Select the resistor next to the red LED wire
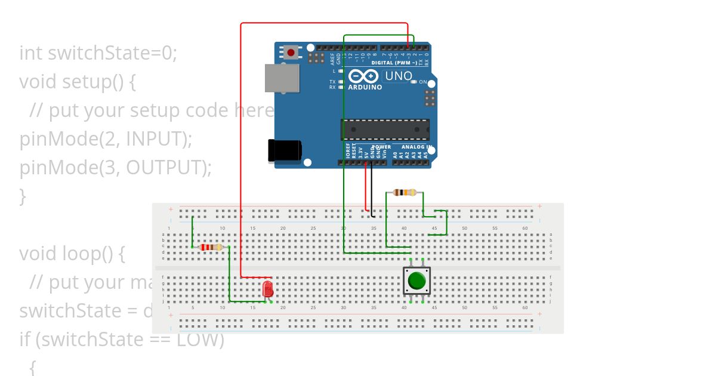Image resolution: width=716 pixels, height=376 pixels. pos(211,247)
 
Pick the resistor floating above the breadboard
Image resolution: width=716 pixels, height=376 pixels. pos(405,192)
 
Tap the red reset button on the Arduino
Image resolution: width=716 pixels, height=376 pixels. pos(291,53)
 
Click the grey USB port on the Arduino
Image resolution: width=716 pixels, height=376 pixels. pos(282,78)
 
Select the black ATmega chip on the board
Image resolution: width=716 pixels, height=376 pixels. pos(385,130)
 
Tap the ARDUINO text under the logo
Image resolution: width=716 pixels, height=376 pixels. pos(365,87)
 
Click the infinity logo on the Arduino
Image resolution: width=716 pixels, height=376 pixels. pos(363,76)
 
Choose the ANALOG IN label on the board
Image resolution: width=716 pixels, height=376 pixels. pos(416,147)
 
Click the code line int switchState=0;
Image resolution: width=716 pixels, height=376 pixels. pos(98,53)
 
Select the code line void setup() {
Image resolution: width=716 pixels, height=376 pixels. pos(78,82)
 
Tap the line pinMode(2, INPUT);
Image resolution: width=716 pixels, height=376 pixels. pos(106,139)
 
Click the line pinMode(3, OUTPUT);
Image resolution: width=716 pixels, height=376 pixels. pos(115,168)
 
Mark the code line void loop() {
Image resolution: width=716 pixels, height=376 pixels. pos(72,254)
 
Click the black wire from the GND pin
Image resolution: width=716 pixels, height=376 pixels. pos(372,188)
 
